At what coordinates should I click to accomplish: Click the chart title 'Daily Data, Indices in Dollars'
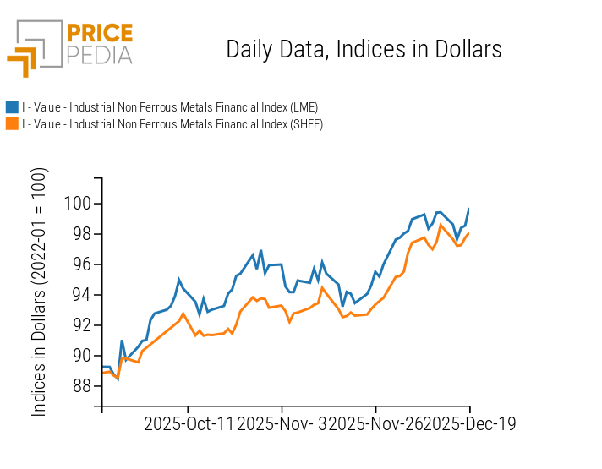click(x=364, y=49)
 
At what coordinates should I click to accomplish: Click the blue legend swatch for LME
click(x=12, y=107)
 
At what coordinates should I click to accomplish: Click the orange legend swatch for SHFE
click(x=12, y=124)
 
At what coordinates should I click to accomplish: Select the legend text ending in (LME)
click(x=170, y=107)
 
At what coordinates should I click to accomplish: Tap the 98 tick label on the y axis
click(x=80, y=234)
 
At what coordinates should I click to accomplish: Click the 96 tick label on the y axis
click(x=80, y=264)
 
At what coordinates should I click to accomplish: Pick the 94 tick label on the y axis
click(x=80, y=295)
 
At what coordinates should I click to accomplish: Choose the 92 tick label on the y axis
click(x=80, y=325)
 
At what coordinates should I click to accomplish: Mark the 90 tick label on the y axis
click(x=80, y=356)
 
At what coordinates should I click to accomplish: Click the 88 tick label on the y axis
click(x=80, y=386)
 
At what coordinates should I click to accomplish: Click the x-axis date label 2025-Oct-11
click(x=188, y=423)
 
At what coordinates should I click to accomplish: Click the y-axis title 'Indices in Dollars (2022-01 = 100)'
click(x=40, y=292)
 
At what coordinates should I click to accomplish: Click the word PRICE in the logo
click(x=99, y=34)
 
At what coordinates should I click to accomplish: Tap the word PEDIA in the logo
click(x=99, y=55)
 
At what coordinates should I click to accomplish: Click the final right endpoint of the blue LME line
click(x=469, y=208)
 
